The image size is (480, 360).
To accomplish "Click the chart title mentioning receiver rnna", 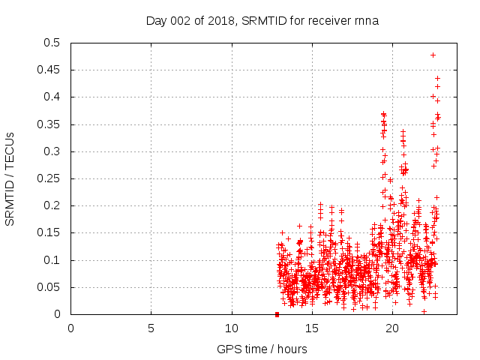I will click(262, 20).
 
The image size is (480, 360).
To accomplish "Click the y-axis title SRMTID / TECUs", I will click(10, 178).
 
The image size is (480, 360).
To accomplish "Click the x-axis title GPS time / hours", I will click(262, 349).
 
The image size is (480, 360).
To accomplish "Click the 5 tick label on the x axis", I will click(151, 328).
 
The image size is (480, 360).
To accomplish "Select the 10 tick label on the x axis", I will click(232, 328).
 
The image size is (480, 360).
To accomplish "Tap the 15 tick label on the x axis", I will click(312, 328).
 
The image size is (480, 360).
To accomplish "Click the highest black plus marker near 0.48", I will click(433, 55).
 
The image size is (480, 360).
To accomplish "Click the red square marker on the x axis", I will click(277, 314).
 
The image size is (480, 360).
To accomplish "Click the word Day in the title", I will click(155, 20).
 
